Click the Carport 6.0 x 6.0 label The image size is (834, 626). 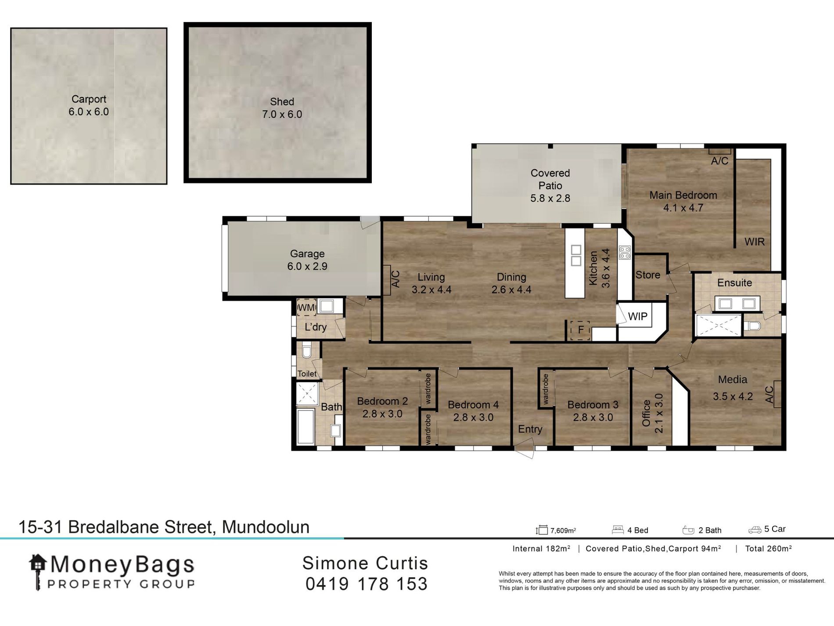pyautogui.click(x=89, y=105)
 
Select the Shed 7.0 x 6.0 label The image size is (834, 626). pyautogui.click(x=282, y=108)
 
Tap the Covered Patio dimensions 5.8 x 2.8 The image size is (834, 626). pyautogui.click(x=550, y=198)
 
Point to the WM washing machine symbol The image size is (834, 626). pyautogui.click(x=306, y=308)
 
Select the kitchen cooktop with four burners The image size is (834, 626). pyautogui.click(x=625, y=253)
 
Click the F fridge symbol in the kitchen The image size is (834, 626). pyautogui.click(x=580, y=330)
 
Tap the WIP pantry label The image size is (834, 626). pyautogui.click(x=637, y=316)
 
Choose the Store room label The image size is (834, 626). pyautogui.click(x=647, y=275)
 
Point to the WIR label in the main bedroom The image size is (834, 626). pyautogui.click(x=754, y=242)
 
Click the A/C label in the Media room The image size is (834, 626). pyautogui.click(x=769, y=394)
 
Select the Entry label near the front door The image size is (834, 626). pyautogui.click(x=530, y=429)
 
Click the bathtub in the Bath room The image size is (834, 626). pyautogui.click(x=306, y=426)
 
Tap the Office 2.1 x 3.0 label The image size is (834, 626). pyautogui.click(x=652, y=413)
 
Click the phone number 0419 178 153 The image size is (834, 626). pyautogui.click(x=366, y=584)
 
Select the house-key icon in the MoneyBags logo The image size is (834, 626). pyautogui.click(x=38, y=570)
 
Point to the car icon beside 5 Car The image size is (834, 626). pyautogui.click(x=754, y=530)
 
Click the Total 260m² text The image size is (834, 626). pyautogui.click(x=768, y=549)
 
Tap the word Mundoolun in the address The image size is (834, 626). pyautogui.click(x=266, y=527)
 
